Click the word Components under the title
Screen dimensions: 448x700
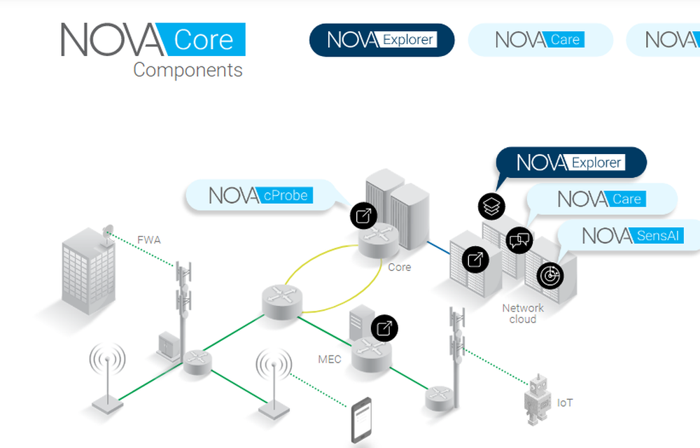[x=188, y=70]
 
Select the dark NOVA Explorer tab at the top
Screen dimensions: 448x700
[x=382, y=40]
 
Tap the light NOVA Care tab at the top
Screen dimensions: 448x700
[x=539, y=40]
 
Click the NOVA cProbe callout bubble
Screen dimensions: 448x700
[x=258, y=195]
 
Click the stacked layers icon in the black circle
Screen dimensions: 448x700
[x=491, y=206]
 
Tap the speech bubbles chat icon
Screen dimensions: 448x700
[x=519, y=241]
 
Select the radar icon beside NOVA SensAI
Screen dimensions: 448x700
[x=550, y=275]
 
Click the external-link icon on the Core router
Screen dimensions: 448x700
[x=364, y=216]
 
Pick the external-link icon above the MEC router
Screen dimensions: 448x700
[x=384, y=328]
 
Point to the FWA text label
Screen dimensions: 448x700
[x=148, y=240]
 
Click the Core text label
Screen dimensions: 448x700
[x=399, y=267]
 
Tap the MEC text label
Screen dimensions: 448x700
[x=330, y=360]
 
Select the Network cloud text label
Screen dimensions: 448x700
[x=522, y=314]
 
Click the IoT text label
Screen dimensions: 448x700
[x=565, y=403]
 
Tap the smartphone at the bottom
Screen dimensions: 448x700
[x=361, y=420]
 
